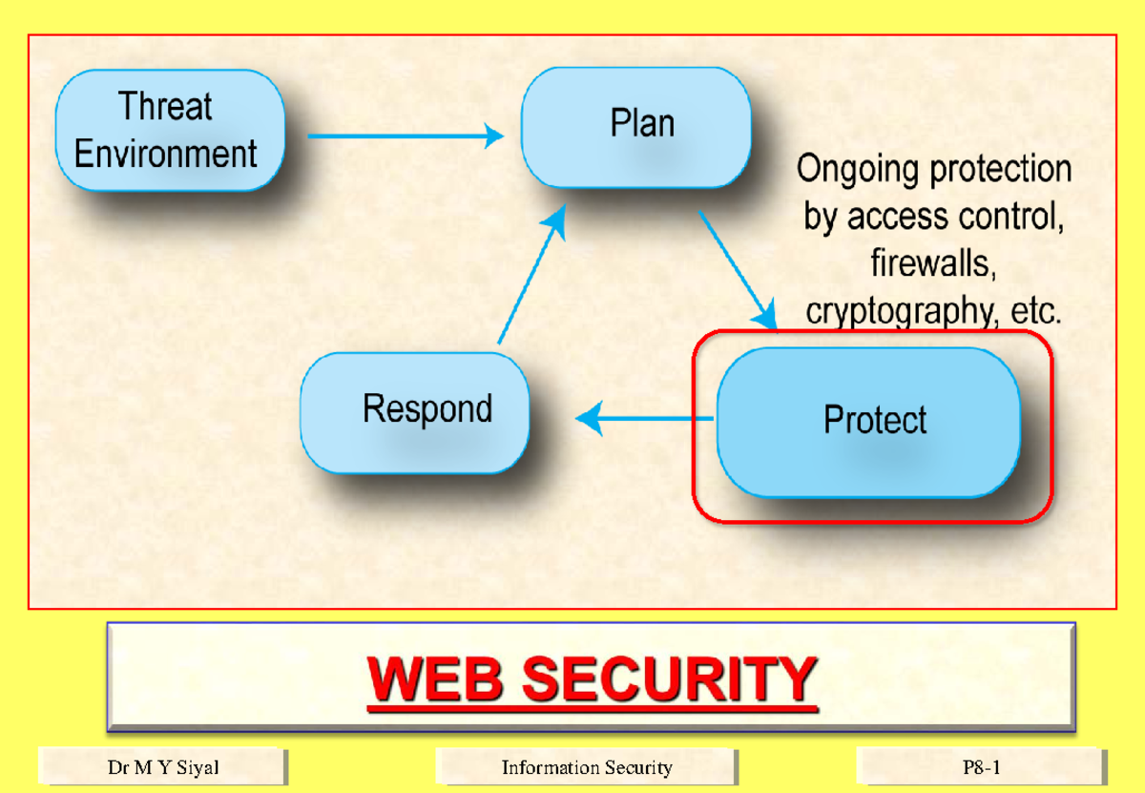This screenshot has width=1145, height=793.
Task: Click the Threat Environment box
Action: click(x=170, y=130)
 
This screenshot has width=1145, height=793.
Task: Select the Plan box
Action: click(x=635, y=126)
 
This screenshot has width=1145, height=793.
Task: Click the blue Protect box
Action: click(x=868, y=421)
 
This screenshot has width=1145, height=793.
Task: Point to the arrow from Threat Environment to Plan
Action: click(x=405, y=136)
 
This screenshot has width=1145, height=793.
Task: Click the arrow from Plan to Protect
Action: click(x=737, y=269)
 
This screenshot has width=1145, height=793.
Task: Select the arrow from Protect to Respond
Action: click(x=645, y=418)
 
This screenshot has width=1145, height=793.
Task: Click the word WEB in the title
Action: click(x=436, y=679)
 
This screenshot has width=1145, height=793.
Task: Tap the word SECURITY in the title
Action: click(x=668, y=679)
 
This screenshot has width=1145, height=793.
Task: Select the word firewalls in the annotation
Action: click(x=933, y=263)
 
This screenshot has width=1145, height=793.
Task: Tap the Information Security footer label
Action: click(x=587, y=767)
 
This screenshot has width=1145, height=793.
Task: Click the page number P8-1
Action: click(x=982, y=767)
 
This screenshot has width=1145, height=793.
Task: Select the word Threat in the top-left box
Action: click(x=165, y=106)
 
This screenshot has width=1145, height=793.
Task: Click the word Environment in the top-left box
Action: click(x=166, y=154)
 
